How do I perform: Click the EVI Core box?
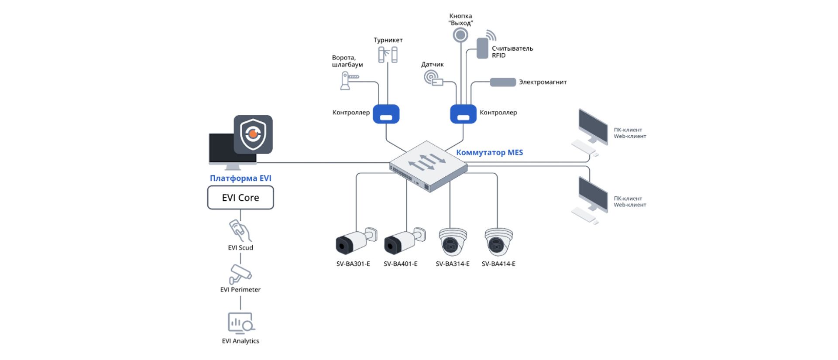(x=240, y=198)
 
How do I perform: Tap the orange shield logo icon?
(x=253, y=134)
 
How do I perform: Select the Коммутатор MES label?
(x=489, y=152)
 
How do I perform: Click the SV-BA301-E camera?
(x=356, y=241)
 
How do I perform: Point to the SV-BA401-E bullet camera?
(x=405, y=241)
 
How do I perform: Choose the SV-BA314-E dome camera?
(x=453, y=242)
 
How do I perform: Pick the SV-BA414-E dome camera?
(x=498, y=242)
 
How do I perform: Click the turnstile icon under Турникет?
(x=388, y=55)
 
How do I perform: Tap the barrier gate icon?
(x=349, y=81)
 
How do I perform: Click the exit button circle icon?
(x=460, y=35)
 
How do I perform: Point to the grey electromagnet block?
(x=503, y=82)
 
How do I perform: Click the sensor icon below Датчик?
(x=433, y=79)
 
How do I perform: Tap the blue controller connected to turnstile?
(x=386, y=114)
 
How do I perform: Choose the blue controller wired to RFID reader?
(x=463, y=114)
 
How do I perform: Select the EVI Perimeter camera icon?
(x=240, y=274)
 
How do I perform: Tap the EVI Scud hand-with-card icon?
(x=240, y=231)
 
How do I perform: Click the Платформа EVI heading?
(x=240, y=178)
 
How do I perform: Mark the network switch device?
(x=428, y=166)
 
